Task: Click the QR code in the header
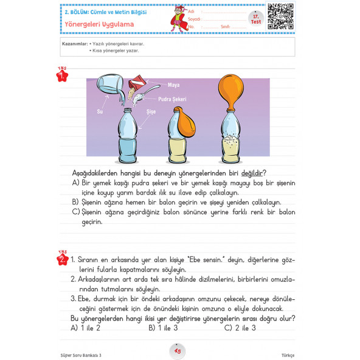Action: (280, 16)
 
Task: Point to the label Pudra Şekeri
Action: (171, 99)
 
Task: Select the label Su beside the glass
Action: (100, 112)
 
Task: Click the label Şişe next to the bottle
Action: (151, 112)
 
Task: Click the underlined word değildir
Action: (253, 173)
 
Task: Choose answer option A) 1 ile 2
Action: (85, 328)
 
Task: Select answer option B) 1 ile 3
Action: (163, 328)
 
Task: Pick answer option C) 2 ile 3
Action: (240, 328)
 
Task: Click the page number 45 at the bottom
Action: (178, 350)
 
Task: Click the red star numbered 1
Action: (61, 76)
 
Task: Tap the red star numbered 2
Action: (61, 260)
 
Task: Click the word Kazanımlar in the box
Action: (74, 44)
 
